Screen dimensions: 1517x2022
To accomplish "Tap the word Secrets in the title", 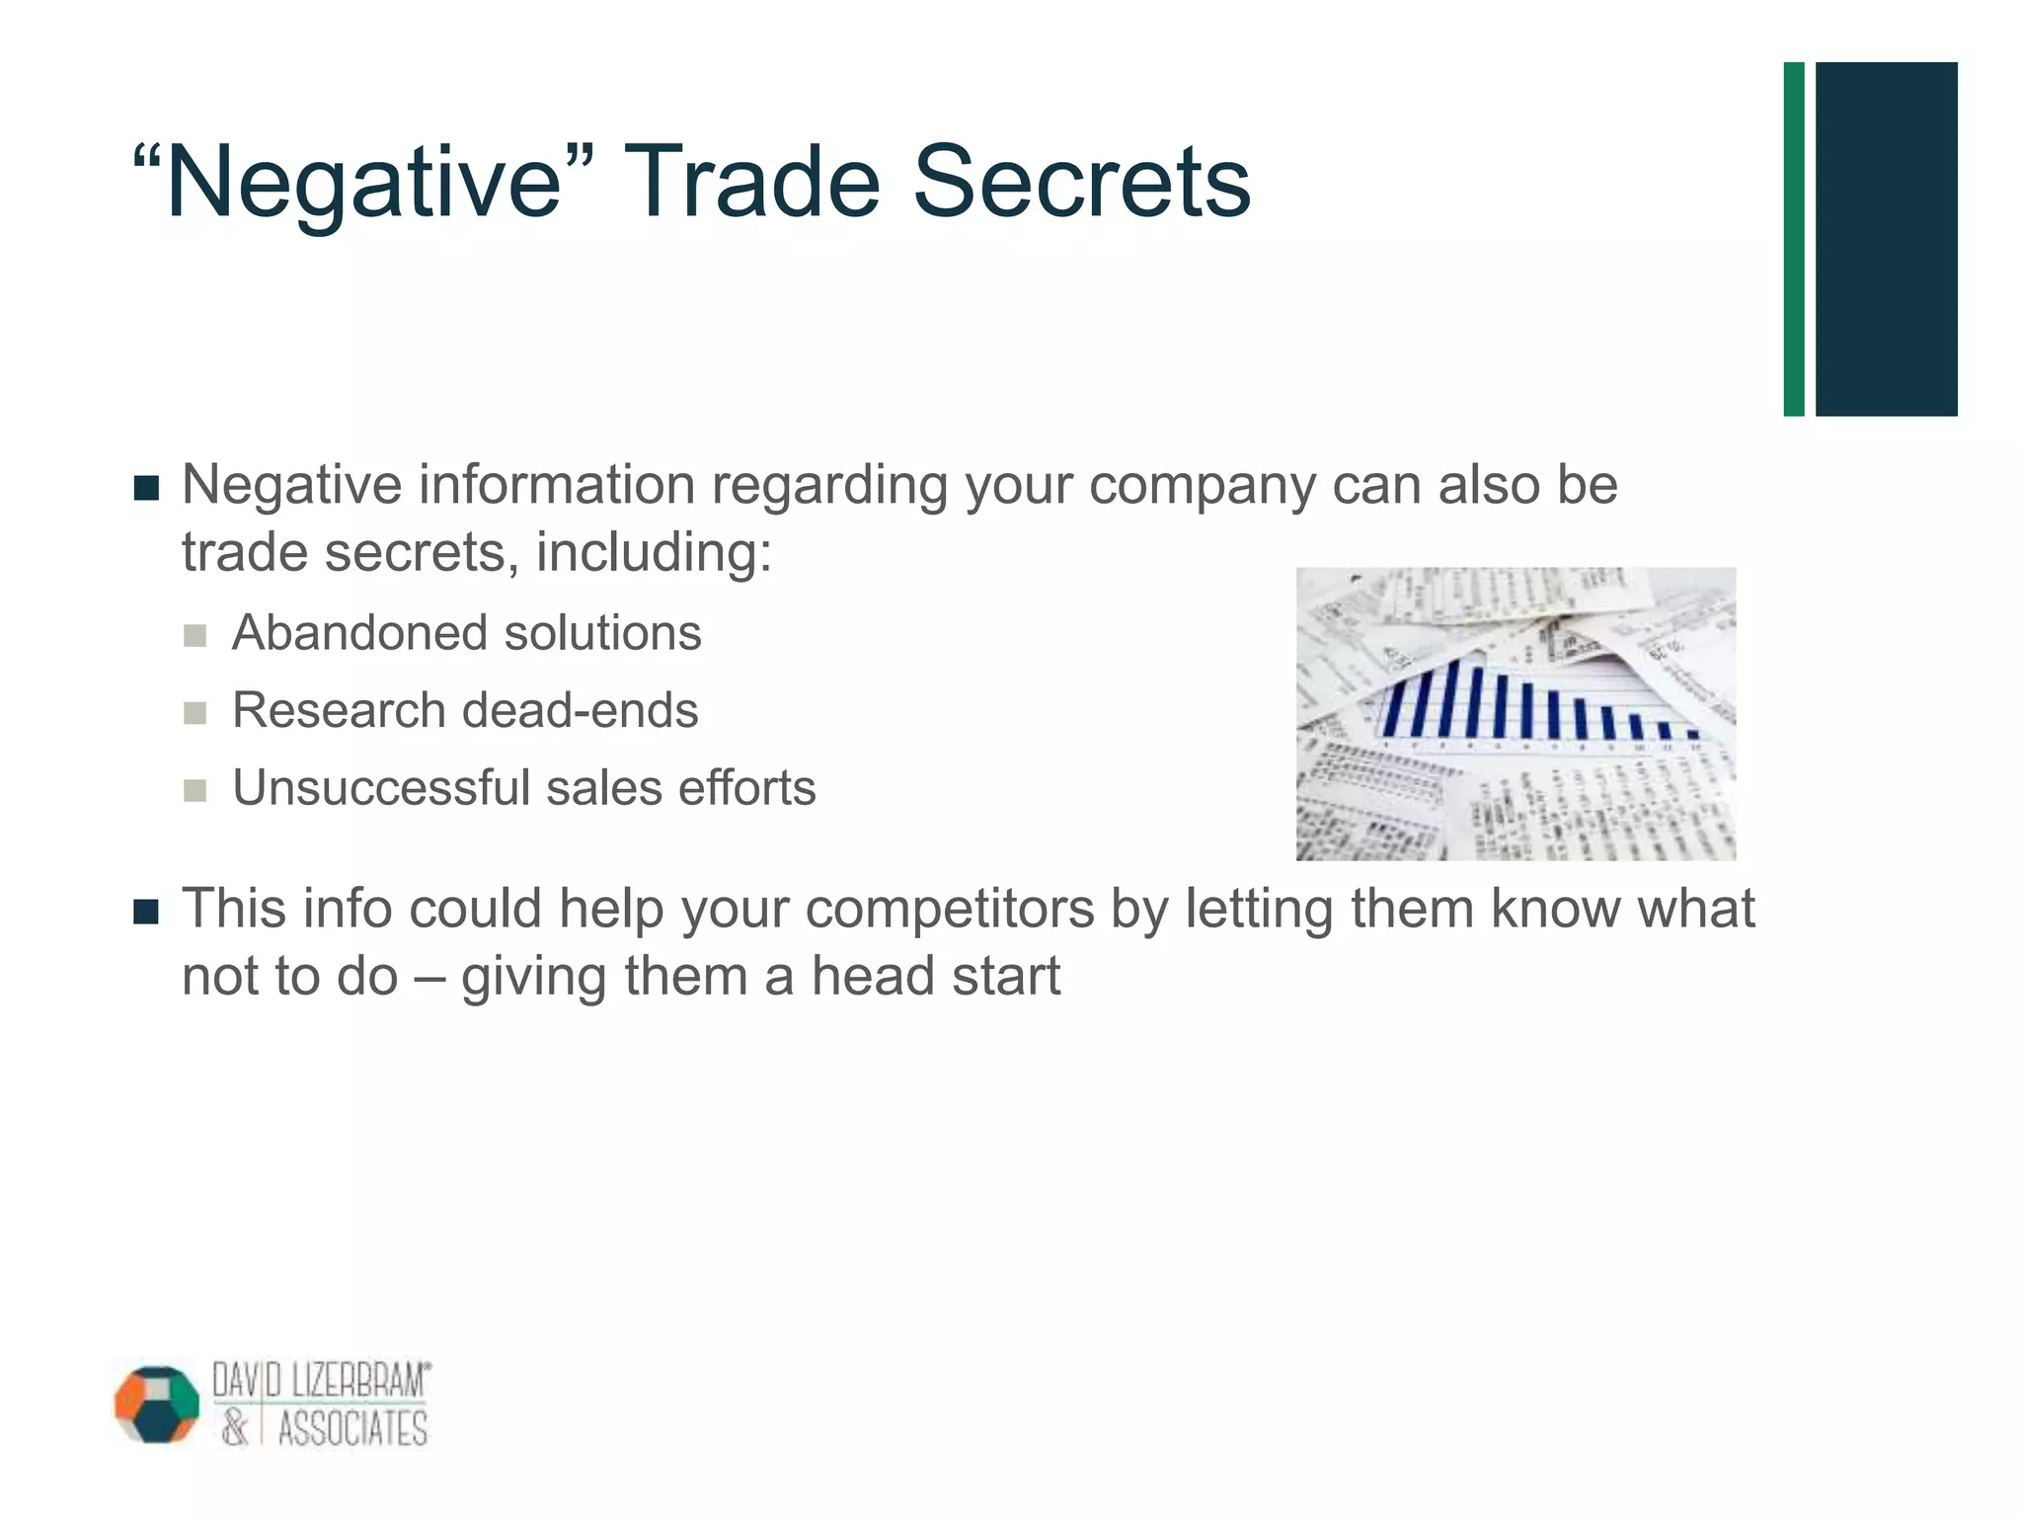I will [1081, 184].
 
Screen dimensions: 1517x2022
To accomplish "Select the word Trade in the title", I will [750, 184].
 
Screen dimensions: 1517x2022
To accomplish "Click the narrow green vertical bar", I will [1794, 239].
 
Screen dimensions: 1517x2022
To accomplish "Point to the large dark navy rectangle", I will [1886, 239].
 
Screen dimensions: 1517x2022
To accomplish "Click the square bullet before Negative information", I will [146, 488].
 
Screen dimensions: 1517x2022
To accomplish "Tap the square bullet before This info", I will [146, 912].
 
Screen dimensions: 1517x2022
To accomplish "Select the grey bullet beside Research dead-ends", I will [195, 713].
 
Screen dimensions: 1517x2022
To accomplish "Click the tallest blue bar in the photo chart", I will [1453, 697].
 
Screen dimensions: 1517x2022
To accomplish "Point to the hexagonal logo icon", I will [157, 1403].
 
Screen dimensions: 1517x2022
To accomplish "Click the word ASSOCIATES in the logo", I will [352, 1429].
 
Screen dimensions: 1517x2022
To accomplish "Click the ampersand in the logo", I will [234, 1429].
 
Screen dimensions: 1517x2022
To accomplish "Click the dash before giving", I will [429, 978].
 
